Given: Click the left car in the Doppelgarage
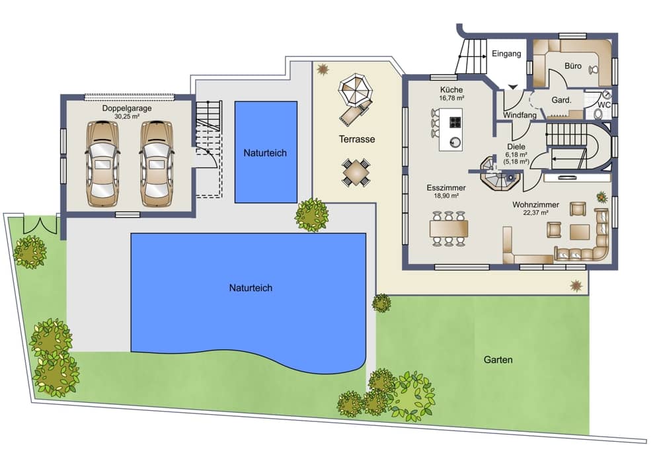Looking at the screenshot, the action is (102, 163).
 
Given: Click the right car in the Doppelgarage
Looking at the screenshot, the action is (156, 163).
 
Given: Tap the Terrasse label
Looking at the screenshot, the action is (357, 139).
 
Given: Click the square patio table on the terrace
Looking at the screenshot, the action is (356, 172).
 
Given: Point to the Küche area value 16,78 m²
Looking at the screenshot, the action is (451, 98).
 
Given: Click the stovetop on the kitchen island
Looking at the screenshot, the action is (455, 122).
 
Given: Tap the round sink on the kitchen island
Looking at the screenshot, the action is (455, 142).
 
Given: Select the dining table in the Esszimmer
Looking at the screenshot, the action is (449, 229).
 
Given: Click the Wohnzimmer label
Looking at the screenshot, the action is (535, 204).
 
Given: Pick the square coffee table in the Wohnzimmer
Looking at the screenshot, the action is (580, 232).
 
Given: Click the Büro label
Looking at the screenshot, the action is (573, 65).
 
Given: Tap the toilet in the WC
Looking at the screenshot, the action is (598, 113).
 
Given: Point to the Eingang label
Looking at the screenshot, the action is (506, 54).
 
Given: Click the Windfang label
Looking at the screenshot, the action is (520, 114).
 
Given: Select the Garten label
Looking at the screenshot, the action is (498, 360).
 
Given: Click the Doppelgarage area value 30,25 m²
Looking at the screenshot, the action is (127, 116).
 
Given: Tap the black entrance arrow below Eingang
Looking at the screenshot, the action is (513, 87).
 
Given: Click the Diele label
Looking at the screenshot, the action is (516, 146).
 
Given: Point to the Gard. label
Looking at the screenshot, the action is (561, 101).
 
